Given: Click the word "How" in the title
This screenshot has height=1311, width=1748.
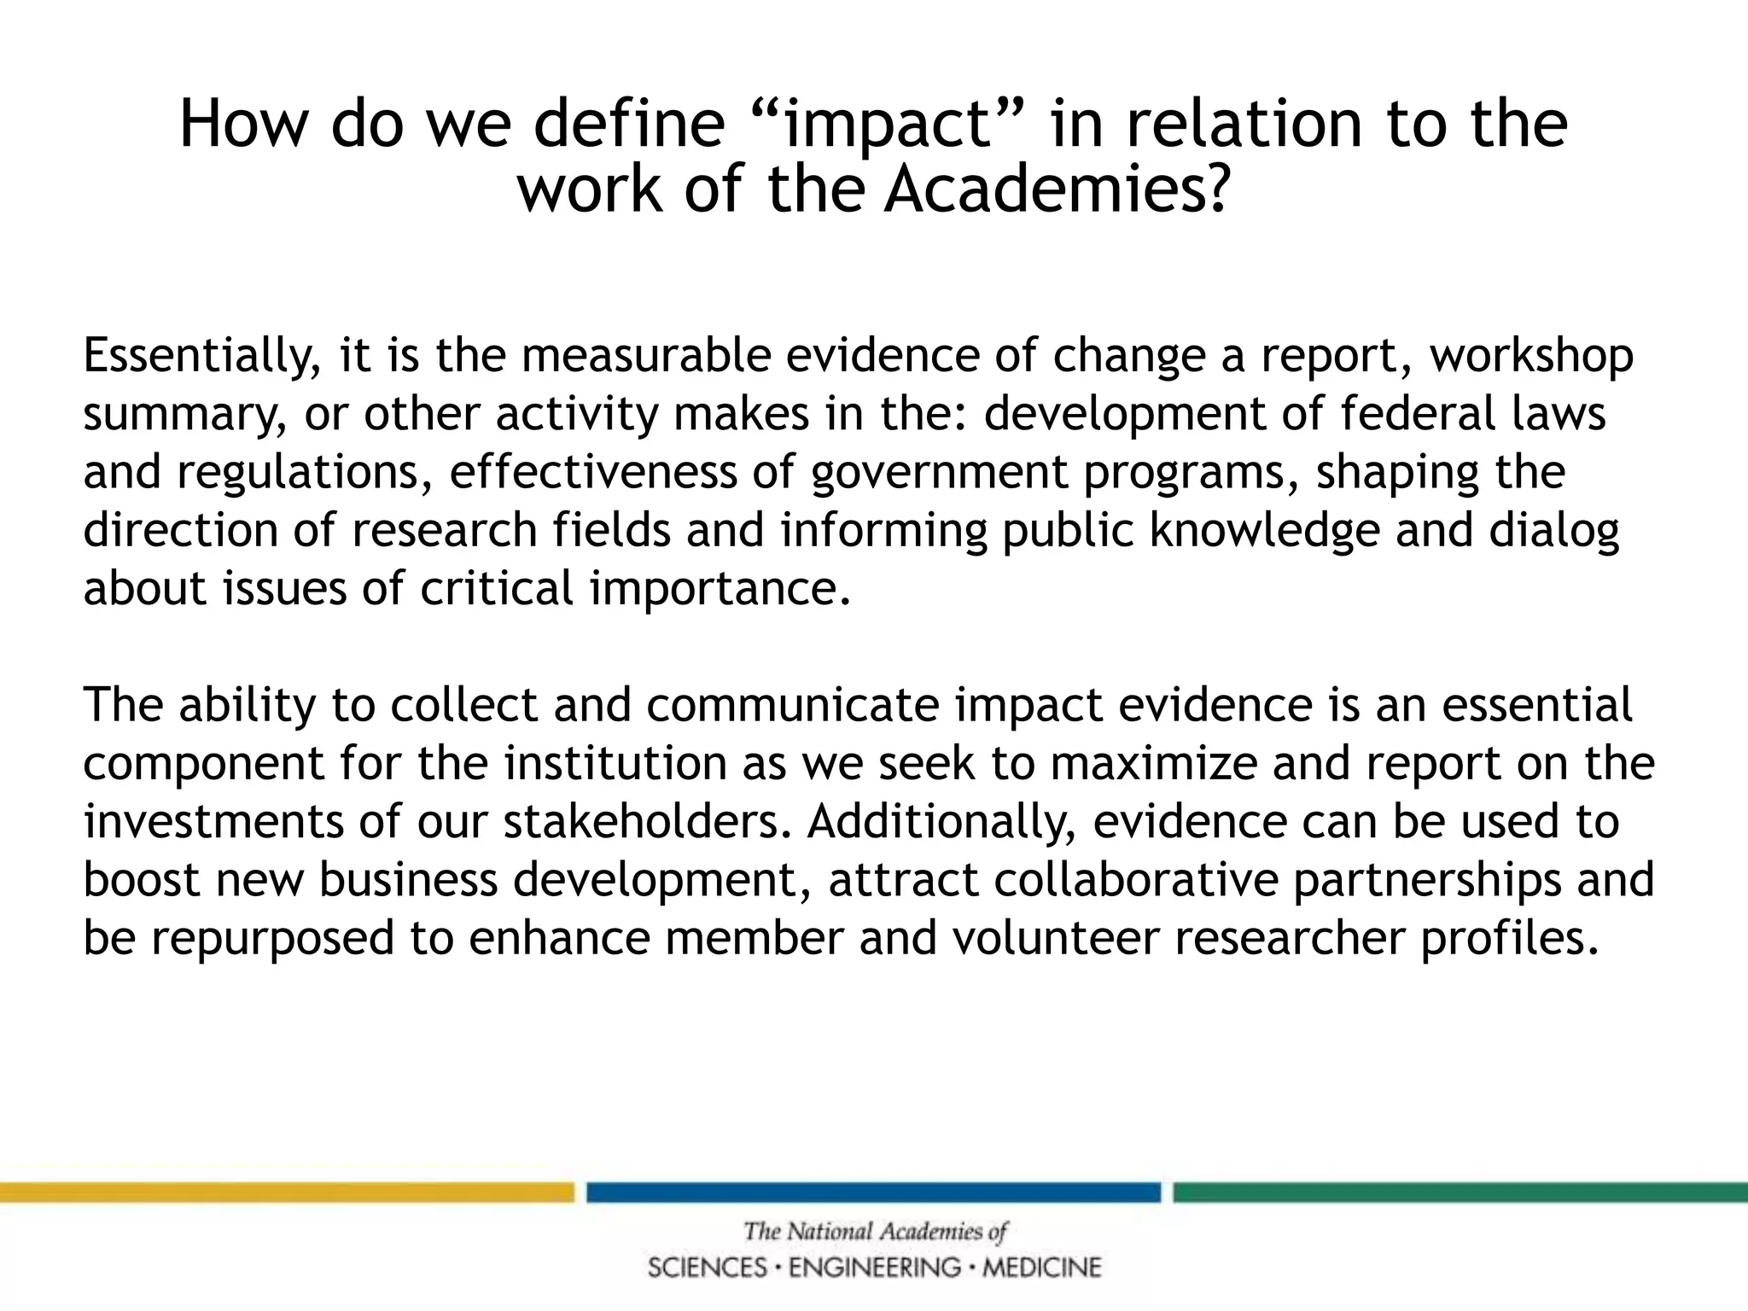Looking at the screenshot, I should coord(242,125).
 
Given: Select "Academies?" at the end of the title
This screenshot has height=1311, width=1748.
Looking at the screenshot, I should coord(1057,189).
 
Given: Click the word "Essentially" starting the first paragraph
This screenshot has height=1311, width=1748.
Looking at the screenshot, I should coord(201,356).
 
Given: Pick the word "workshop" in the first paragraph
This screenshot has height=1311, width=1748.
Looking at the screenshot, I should coord(1532,356).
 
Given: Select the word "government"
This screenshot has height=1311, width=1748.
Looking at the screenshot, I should coord(940,472).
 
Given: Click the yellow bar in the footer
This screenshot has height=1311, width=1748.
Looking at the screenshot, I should coord(287,1192).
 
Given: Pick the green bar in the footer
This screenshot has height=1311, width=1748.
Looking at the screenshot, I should coord(1460,1192).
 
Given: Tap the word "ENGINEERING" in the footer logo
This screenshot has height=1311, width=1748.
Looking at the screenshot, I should coord(875,1267).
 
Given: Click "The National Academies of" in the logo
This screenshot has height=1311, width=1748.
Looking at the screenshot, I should coord(875,1232).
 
